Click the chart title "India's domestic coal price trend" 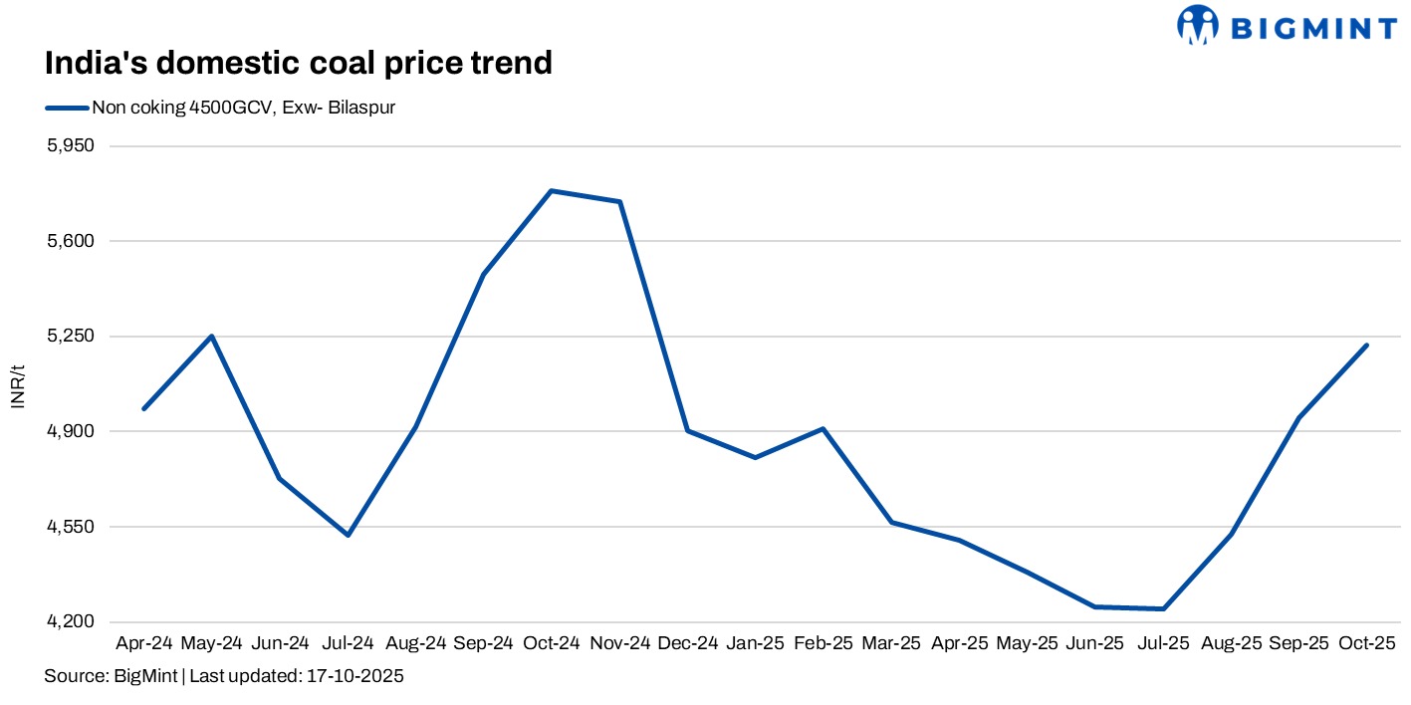(x=298, y=63)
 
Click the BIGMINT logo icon (x=1197, y=25)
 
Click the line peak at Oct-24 (x=552, y=190)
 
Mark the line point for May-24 (x=212, y=336)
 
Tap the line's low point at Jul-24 (x=348, y=536)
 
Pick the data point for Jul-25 (x=1163, y=608)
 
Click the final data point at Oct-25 (x=1366, y=346)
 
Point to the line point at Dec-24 (x=687, y=430)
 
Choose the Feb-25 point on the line (x=823, y=428)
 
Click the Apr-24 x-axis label (x=144, y=643)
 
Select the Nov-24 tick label (x=619, y=643)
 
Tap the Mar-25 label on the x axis (x=891, y=643)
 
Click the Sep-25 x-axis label (x=1298, y=643)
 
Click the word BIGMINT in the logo (x=1314, y=27)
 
